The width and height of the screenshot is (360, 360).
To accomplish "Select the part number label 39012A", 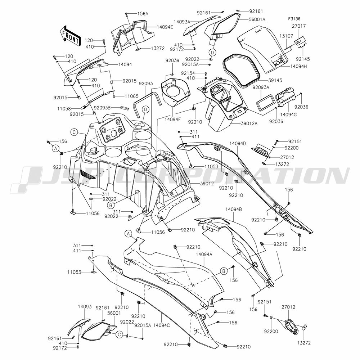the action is click(x=249, y=123).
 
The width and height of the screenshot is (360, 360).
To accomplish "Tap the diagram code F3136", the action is click(x=294, y=19).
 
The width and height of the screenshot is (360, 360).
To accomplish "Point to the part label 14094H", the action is click(x=298, y=67).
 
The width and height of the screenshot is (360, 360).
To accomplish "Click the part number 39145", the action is click(x=275, y=80).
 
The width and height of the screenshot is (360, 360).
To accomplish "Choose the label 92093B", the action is click(x=102, y=107).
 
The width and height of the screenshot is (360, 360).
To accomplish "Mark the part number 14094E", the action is click(x=165, y=27).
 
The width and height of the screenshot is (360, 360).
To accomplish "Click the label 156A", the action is click(x=143, y=14).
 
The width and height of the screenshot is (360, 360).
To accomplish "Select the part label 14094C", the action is click(x=162, y=325).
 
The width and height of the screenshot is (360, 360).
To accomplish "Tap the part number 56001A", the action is click(x=257, y=19).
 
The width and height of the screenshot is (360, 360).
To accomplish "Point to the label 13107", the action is click(x=286, y=36).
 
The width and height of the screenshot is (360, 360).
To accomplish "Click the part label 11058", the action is click(x=64, y=109).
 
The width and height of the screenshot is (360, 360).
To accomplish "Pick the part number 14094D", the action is click(x=238, y=144).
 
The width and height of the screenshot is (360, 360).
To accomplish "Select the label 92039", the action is click(x=172, y=60).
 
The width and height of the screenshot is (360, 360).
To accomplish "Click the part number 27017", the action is click(x=299, y=26).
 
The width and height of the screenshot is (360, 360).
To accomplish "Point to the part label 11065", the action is click(x=125, y=96).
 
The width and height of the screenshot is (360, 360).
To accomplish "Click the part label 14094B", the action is click(x=234, y=210).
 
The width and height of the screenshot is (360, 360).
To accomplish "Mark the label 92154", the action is click(x=188, y=73).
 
